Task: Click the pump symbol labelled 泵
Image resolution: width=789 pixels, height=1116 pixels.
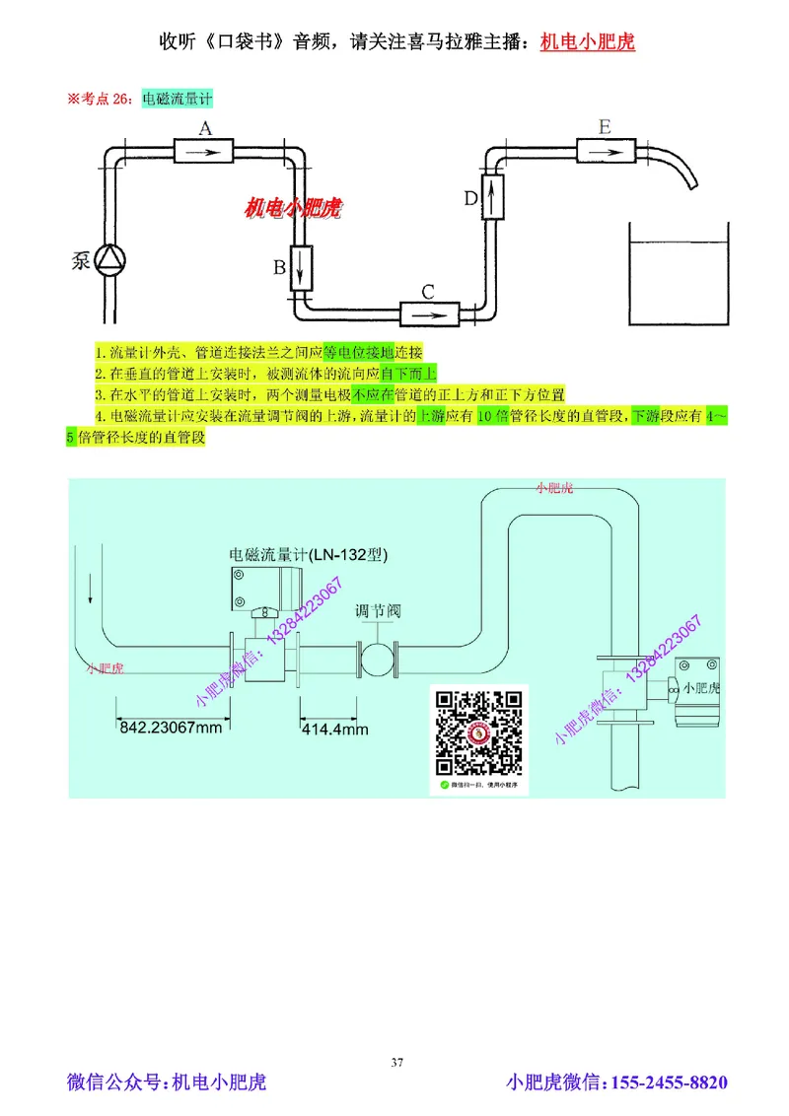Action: [x=108, y=260]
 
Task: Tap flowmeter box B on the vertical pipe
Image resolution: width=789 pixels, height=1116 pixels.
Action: [x=301, y=266]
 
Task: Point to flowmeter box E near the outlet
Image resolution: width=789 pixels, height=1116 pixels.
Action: [x=605, y=151]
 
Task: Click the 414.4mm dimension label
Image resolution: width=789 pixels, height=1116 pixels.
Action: [x=334, y=730]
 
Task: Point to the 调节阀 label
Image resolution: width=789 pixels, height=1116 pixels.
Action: [x=378, y=611]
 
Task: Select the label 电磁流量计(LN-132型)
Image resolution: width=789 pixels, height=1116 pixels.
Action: [x=308, y=556]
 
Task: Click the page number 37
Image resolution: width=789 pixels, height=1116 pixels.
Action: [x=397, y=1062]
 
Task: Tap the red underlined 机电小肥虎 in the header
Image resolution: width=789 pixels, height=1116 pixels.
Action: [x=588, y=43]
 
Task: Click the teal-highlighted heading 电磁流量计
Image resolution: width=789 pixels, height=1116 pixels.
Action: [x=178, y=99]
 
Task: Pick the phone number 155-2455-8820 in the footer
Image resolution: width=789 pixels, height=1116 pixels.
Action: [x=671, y=1083]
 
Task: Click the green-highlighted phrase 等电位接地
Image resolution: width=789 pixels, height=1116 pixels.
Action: [x=358, y=353]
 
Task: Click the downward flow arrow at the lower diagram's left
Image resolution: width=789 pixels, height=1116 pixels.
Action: [x=90, y=590]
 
